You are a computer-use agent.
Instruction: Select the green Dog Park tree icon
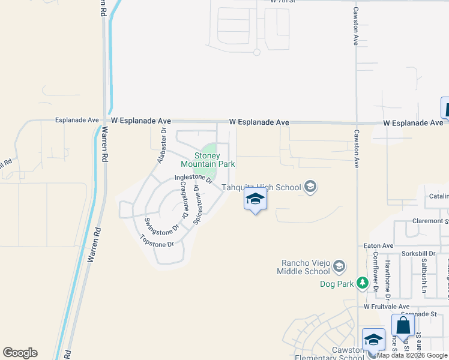point(362,282)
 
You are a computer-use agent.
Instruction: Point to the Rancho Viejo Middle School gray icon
point(339,265)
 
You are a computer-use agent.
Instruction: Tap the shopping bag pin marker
point(403,327)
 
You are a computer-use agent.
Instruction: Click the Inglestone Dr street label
point(193,178)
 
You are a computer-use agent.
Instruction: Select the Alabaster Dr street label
point(161,145)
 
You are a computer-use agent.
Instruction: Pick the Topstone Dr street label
point(157,244)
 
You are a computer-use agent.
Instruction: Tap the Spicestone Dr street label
point(196,205)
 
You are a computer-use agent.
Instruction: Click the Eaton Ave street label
point(378,246)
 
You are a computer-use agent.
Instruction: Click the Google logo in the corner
point(20,353)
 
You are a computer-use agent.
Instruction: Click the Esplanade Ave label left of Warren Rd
point(76,120)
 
